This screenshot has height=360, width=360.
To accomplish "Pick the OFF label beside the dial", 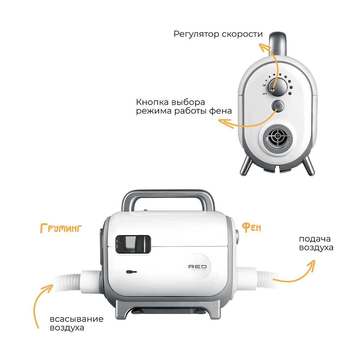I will (x=265, y=94).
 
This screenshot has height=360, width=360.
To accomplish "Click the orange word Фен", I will (x=251, y=227).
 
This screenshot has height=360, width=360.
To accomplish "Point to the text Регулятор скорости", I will (x=218, y=34).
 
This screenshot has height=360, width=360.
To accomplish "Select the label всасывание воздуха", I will (x=77, y=323).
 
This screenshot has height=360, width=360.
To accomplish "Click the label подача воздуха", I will (x=316, y=243).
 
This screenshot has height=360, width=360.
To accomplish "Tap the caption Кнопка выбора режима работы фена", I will (x=184, y=106).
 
